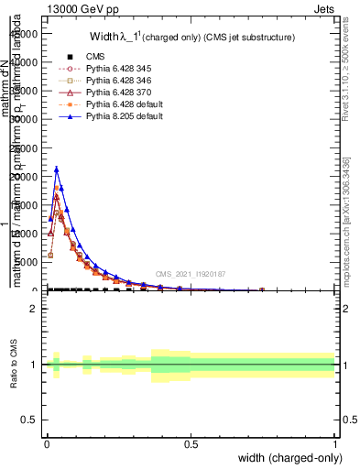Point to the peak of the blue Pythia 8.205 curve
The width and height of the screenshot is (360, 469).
[56, 169]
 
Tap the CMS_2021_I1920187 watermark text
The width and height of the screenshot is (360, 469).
[189, 273]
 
